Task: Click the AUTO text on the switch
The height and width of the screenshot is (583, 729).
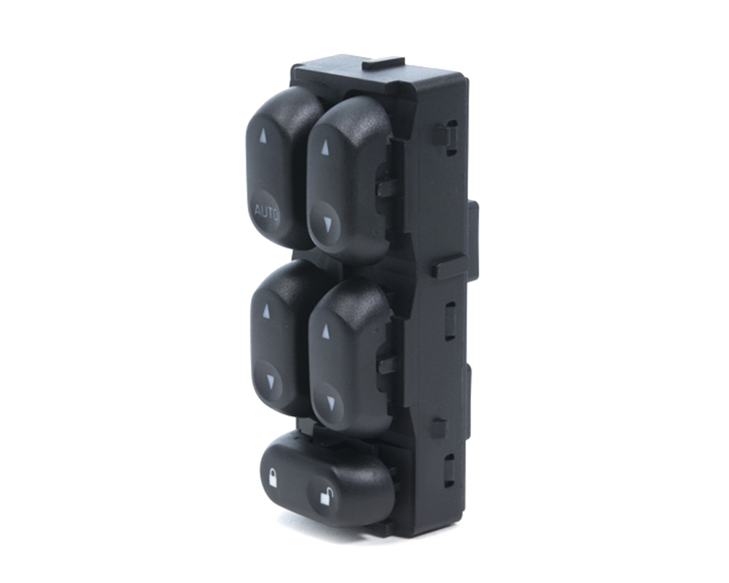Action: coord(266,214)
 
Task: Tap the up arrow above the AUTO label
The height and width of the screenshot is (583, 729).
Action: coord(263,136)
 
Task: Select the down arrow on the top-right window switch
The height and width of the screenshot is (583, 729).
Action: coord(330,224)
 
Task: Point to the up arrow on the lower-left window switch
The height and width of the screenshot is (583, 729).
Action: coord(266,311)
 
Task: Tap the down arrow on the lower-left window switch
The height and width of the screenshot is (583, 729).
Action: coord(270,382)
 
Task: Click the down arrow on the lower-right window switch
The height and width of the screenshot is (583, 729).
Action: coord(330,402)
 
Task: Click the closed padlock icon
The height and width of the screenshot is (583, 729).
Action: coord(273,479)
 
